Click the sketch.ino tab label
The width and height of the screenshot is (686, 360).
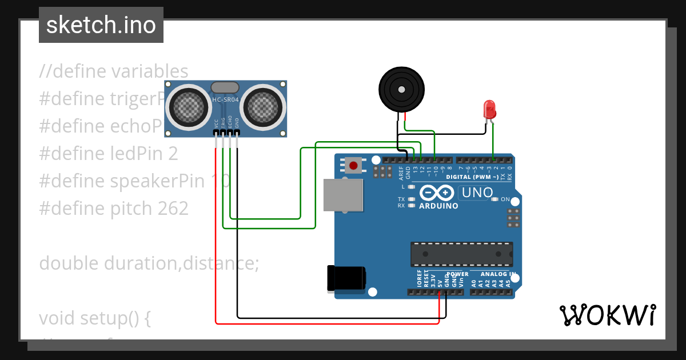click(101, 25)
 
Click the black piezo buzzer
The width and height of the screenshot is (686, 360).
click(402, 89)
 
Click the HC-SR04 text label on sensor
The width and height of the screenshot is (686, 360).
click(226, 100)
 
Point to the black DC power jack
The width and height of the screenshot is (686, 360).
click(346, 278)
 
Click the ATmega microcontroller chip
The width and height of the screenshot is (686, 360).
click(461, 254)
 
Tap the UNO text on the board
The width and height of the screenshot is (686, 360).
click(477, 193)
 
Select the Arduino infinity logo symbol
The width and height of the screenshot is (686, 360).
click(438, 193)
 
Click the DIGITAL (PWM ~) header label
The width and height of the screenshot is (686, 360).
click(476, 177)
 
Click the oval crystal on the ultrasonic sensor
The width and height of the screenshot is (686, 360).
click(225, 87)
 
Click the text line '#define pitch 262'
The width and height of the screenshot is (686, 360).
click(114, 209)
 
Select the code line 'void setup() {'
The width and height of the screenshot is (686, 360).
click(95, 318)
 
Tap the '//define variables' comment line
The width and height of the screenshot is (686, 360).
click(114, 71)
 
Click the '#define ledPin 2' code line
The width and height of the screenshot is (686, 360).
click(109, 154)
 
